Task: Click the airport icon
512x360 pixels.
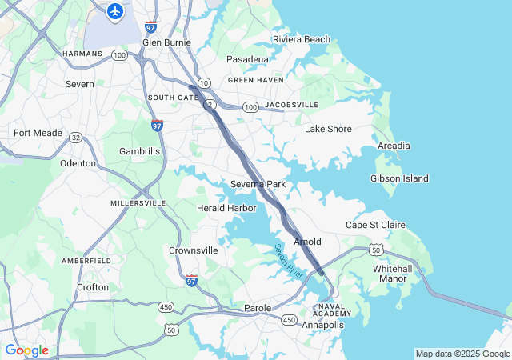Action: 115,11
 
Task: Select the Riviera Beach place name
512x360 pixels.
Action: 301,39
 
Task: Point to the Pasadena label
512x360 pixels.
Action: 247,59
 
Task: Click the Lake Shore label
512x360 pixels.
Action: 328,128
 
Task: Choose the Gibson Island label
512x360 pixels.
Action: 399,178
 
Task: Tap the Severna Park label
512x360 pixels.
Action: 258,184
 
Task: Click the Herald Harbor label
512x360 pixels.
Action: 226,208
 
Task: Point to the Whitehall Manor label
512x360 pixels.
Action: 393,274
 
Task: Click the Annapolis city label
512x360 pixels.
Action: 322,325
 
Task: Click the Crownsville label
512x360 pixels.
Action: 193,250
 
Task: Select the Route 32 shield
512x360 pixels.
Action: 75,138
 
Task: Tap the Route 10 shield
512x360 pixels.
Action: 205,83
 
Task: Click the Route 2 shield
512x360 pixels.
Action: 210,104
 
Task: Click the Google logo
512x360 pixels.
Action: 27,350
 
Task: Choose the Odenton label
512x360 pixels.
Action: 78,163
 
